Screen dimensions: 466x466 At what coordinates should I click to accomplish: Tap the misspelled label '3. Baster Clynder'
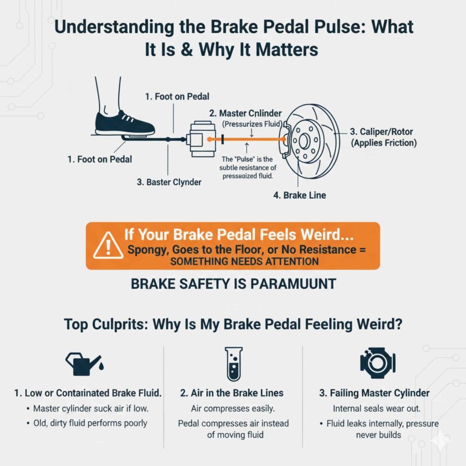[x=170, y=182]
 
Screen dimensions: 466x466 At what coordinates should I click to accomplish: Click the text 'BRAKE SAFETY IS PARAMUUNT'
[x=233, y=284]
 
